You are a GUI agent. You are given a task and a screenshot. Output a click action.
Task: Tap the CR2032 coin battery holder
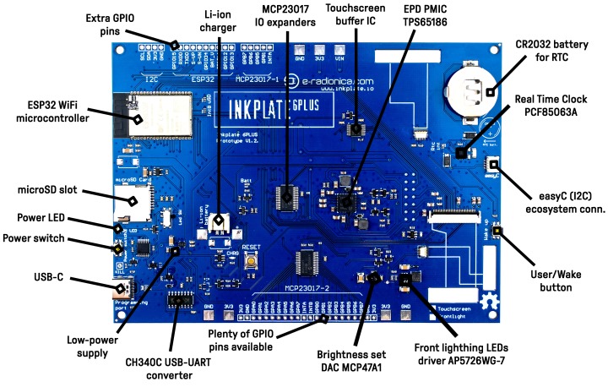470,88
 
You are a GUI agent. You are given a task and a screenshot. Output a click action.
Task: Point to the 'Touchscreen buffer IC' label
356,15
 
